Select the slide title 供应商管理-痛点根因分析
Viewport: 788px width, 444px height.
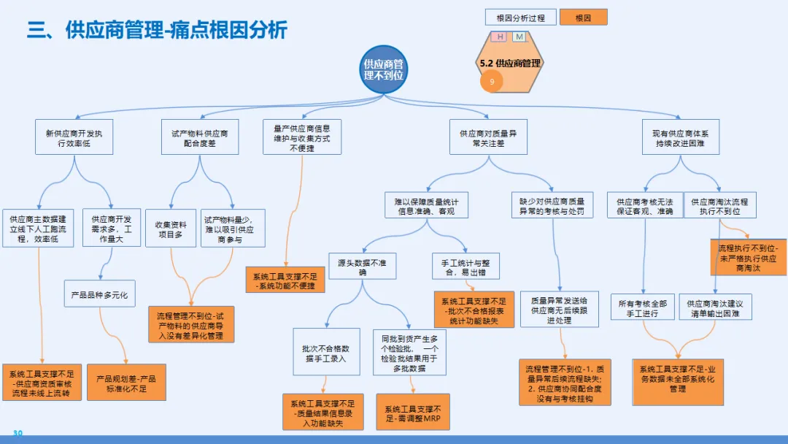pyautogui.click(x=158, y=30)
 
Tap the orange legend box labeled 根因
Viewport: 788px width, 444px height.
pyautogui.click(x=583, y=17)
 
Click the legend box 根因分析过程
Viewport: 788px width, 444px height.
pyautogui.click(x=520, y=17)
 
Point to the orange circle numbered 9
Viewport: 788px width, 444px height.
pyautogui.click(x=492, y=82)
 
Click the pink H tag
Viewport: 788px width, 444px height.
pyautogui.click(x=500, y=37)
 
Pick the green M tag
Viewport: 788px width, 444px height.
pyautogui.click(x=519, y=37)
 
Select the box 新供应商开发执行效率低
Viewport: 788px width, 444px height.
pyautogui.click(x=74, y=138)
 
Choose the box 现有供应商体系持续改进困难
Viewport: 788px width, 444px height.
pyautogui.click(x=680, y=138)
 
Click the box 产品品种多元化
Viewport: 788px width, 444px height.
pyautogui.click(x=99, y=295)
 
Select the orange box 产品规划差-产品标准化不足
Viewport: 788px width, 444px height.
pyautogui.click(x=127, y=383)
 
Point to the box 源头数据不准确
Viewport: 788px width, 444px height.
pyautogui.click(x=363, y=267)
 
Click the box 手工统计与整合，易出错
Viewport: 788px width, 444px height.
pyautogui.click(x=460, y=267)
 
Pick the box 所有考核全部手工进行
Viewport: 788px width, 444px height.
pyautogui.click(x=643, y=307)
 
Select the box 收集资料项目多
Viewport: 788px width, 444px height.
pyautogui.click(x=171, y=229)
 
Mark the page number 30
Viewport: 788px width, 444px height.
pyautogui.click(x=18, y=433)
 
